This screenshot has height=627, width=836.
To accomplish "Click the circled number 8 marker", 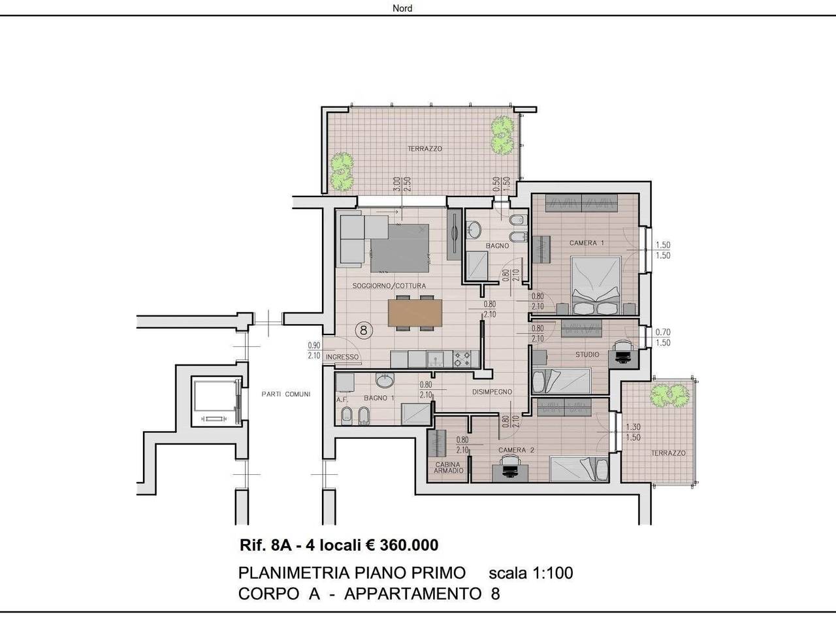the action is click(363, 330).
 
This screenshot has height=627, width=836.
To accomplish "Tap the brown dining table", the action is click(415, 313).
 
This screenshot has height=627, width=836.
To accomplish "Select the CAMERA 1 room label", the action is click(587, 243).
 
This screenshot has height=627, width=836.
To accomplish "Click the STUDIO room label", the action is click(587, 355).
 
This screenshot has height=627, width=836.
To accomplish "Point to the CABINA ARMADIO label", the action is click(448, 468).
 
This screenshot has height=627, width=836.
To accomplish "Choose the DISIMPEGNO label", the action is click(492, 392).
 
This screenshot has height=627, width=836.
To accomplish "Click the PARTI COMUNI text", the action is click(285, 394).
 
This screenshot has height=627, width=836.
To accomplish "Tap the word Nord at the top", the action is click(402, 8).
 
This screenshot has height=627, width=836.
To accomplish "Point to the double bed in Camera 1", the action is click(596, 285).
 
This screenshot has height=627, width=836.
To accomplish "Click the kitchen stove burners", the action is click(462, 359).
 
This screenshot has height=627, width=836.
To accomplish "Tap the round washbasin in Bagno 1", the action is click(385, 380).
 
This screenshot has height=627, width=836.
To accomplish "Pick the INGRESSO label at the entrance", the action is click(342, 357).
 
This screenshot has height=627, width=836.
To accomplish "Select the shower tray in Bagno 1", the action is click(416, 413).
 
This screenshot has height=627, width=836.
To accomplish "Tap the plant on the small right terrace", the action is click(669, 396).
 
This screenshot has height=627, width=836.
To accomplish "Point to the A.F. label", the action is click(340, 400).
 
